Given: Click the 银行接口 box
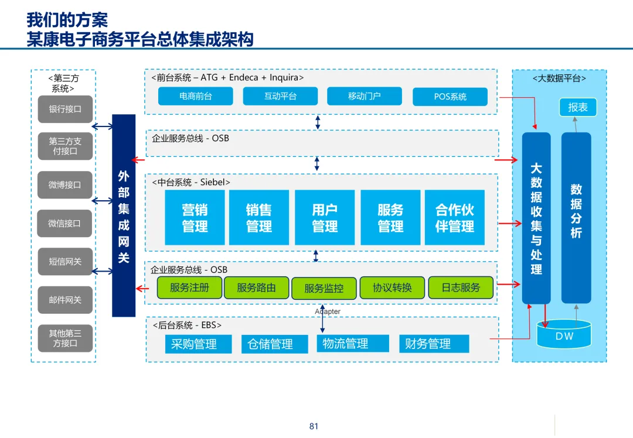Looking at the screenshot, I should pos(65,109).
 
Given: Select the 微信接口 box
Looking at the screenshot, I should pos(65,223).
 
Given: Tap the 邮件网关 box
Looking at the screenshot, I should pos(65,300).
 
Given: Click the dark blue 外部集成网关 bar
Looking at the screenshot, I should pos(124,215).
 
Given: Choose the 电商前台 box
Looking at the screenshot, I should pos(196,96).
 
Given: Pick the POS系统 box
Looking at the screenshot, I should pos(450,97).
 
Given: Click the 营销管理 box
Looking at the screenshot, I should pos(195,217).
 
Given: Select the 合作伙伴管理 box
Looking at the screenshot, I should pos(454,217).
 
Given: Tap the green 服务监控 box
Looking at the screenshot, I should pos(324,288).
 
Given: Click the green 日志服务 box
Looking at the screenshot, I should pos(461,288).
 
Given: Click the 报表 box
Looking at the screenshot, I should pos(578,108).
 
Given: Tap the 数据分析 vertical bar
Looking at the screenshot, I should pos(576,217).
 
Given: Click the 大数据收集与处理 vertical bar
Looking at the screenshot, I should pos(536,218).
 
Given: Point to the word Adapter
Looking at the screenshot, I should pos(328,312).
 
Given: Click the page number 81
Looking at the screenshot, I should pos(314,426).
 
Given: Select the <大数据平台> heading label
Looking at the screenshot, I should pos(559,78).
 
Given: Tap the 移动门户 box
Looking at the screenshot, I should pos(365,96).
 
